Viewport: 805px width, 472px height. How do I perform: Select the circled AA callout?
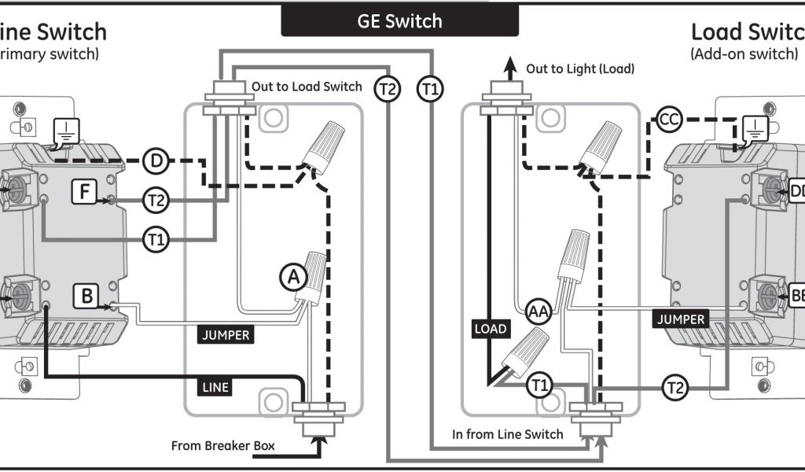click(538, 312)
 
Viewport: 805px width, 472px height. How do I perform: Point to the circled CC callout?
click(668, 120)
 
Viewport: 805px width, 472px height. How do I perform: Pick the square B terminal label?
click(85, 297)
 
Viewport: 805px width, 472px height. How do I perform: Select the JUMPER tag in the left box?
click(225, 335)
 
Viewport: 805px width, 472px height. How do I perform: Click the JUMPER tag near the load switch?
click(681, 319)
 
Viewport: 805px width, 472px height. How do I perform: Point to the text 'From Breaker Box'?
click(223, 446)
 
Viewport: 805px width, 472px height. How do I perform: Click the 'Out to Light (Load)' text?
click(580, 69)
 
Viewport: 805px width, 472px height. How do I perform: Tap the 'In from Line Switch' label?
click(507, 434)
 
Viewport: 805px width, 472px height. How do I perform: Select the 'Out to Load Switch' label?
click(307, 87)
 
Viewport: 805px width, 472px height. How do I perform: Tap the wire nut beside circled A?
click(314, 275)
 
